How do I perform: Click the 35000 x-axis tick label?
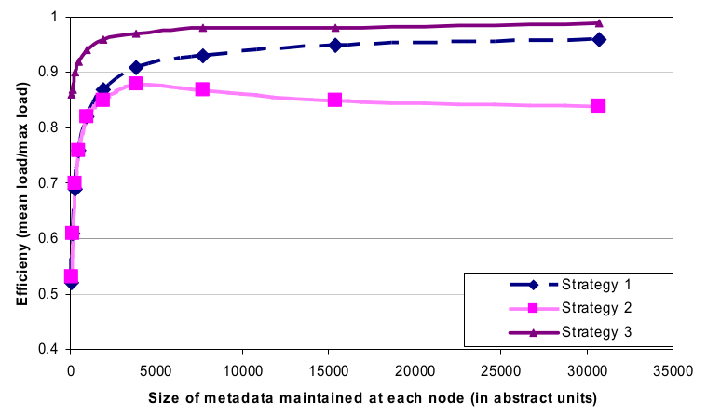tap(673, 368)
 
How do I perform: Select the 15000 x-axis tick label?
tap(328, 368)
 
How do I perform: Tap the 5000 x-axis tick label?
tap(156, 368)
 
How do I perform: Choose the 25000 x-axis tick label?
tap(500, 368)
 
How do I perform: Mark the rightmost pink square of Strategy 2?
tap(598, 106)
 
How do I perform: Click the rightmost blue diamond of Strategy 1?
tap(599, 39)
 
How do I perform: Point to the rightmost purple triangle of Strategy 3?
tap(599, 23)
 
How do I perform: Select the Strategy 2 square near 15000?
tap(334, 100)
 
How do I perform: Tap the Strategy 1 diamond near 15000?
tap(334, 45)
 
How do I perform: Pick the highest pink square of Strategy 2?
tap(136, 84)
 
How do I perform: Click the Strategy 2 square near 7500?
tap(202, 89)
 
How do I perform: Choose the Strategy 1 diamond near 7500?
tap(202, 56)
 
